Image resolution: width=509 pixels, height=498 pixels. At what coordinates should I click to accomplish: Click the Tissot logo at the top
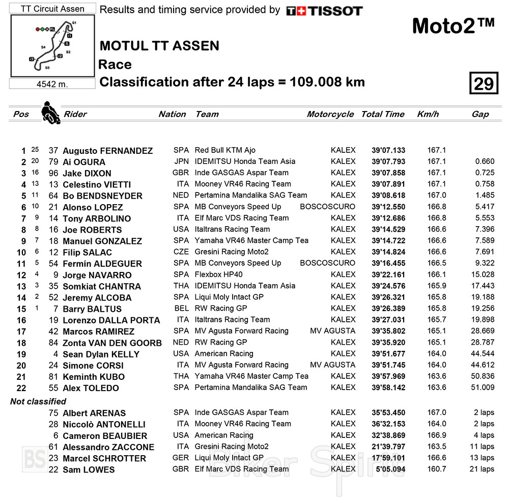[324, 11]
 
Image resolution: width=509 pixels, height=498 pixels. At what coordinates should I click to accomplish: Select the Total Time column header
[383, 114]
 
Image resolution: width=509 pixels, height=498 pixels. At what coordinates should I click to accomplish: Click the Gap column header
[480, 114]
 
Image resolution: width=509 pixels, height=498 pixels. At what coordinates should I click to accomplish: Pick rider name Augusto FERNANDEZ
[107, 151]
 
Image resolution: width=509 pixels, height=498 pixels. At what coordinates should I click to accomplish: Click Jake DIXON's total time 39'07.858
[388, 173]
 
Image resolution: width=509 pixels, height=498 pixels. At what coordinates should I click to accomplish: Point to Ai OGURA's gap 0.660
[485, 161]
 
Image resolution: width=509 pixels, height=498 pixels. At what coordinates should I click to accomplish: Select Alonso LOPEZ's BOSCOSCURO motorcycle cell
[327, 207]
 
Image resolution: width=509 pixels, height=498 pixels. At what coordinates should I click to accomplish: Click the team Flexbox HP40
[219, 274]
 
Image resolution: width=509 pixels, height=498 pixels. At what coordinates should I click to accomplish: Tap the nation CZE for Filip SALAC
[181, 252]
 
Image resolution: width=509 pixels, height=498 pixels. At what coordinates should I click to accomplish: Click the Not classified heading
[38, 401]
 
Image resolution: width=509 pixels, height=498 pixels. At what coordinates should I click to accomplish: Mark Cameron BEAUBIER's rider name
[105, 436]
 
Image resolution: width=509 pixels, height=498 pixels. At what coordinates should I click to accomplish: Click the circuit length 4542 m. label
[52, 84]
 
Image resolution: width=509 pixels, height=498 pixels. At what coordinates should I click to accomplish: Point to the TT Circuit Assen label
[52, 9]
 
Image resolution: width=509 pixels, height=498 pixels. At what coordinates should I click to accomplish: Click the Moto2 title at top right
[453, 26]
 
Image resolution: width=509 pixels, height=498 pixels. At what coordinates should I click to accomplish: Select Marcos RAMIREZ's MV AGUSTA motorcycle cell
[332, 331]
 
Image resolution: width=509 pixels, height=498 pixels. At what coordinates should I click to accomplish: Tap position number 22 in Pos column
[20, 388]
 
